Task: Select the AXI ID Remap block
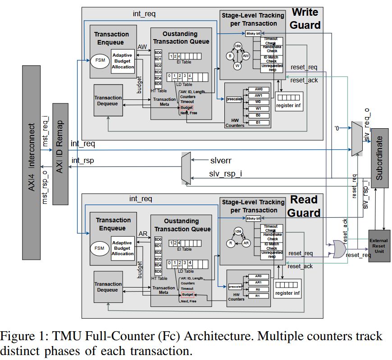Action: click(60, 153)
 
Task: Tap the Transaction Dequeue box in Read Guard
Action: click(108, 287)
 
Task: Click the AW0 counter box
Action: click(258, 89)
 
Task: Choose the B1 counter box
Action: click(258, 122)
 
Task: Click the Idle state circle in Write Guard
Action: click(238, 46)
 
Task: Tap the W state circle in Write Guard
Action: click(237, 66)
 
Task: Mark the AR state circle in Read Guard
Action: click(246, 243)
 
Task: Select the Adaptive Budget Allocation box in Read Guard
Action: click(123, 248)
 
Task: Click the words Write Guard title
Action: click(305, 18)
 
